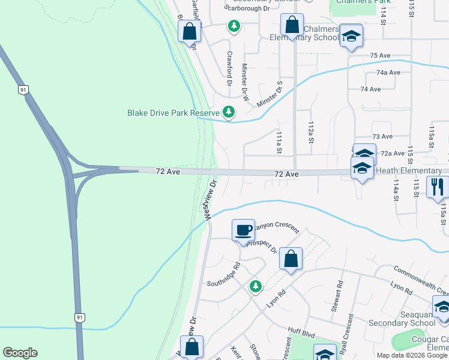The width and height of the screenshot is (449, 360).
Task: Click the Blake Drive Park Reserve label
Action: click(172, 112)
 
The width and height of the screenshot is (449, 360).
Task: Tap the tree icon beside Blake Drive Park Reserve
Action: click(229, 112)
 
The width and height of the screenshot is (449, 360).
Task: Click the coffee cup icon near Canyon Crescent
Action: click(244, 231)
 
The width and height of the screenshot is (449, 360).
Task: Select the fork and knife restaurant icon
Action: click(437, 187)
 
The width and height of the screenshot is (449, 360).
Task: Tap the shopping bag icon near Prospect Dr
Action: click(291, 259)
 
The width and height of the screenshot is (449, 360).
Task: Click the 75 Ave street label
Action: click(380, 55)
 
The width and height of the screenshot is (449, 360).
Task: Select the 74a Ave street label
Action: click(388, 72)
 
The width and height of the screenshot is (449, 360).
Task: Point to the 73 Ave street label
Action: click(382, 137)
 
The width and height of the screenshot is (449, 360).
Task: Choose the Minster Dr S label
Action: click(270, 94)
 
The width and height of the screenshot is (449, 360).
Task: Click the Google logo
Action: click(20, 353)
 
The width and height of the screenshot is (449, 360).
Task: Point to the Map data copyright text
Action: click(412, 355)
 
